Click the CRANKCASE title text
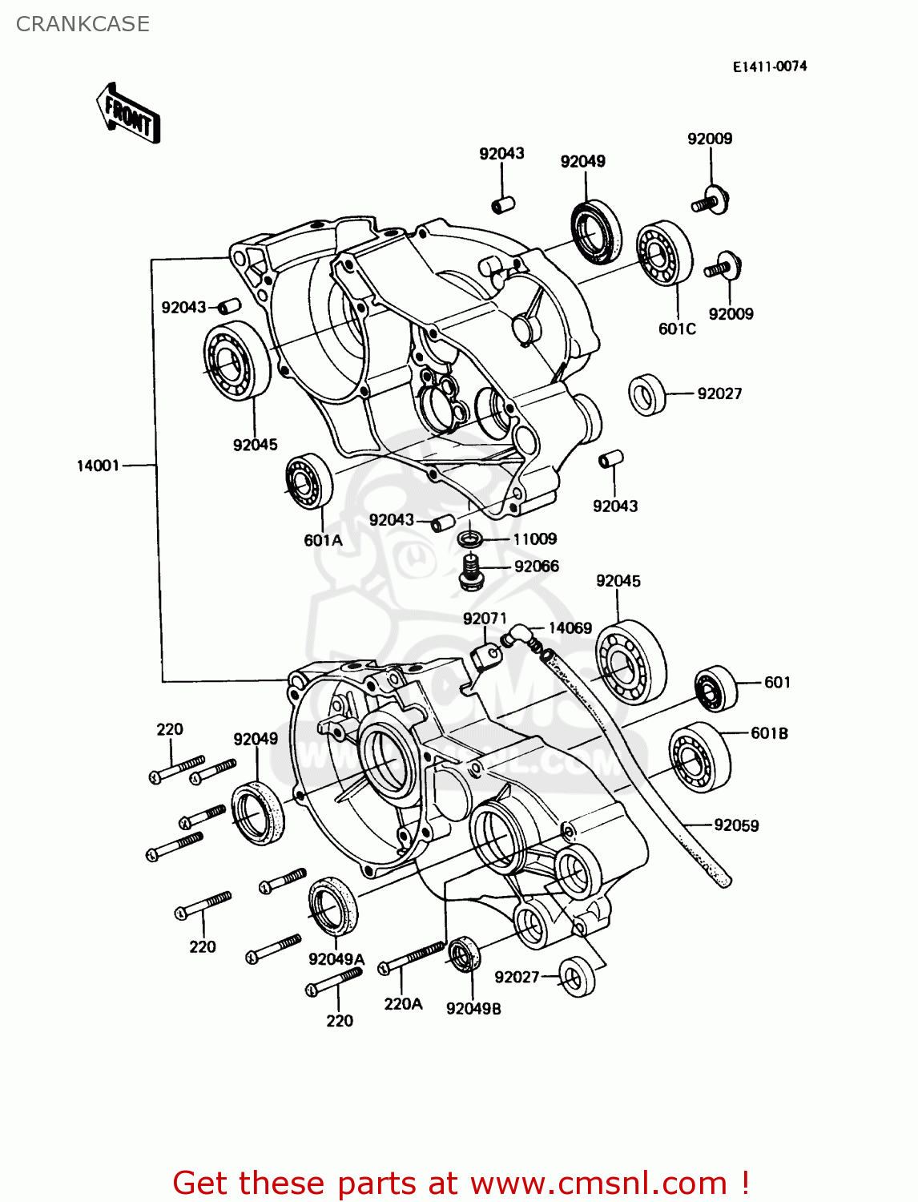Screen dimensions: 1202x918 83,24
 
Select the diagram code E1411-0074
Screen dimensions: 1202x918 769,67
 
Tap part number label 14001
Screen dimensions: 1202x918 98,466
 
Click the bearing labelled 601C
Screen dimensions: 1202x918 665,252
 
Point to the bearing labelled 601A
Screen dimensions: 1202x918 309,481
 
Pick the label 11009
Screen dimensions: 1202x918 534,539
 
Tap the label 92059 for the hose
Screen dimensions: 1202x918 736,825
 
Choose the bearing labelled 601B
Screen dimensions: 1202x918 699,757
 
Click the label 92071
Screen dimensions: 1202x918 485,619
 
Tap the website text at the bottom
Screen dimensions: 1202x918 461,1183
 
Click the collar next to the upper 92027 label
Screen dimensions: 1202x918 647,394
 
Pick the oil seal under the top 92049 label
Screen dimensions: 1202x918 596,232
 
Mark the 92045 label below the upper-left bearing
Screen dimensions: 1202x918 255,445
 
